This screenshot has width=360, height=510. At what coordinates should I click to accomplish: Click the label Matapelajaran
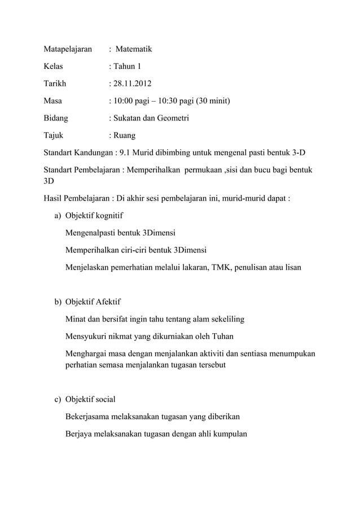click(68, 49)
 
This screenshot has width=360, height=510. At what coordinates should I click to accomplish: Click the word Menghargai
click(88, 354)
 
